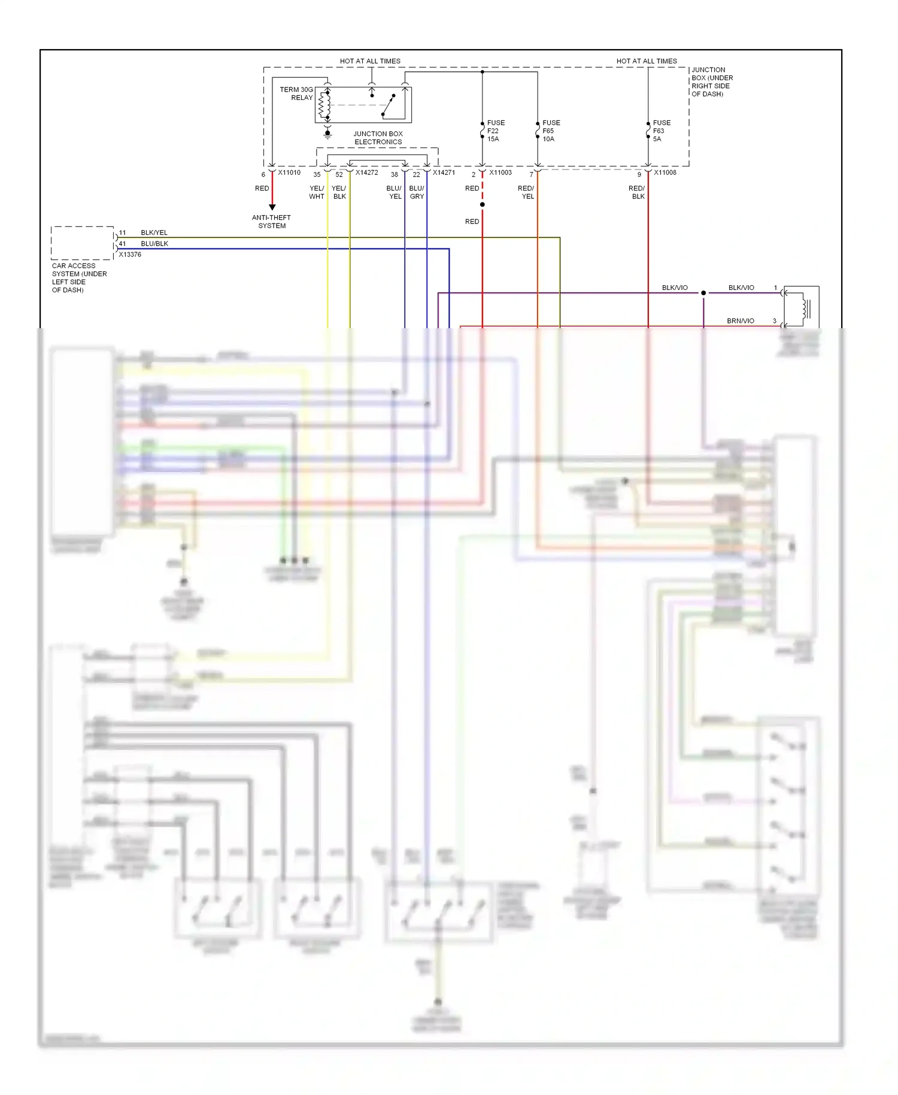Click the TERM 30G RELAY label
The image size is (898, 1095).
click(x=296, y=93)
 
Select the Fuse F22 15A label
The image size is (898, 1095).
click(x=495, y=131)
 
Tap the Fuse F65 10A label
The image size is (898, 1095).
click(x=551, y=131)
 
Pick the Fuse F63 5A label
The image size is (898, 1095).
click(x=661, y=131)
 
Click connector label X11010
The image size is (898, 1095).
click(x=289, y=173)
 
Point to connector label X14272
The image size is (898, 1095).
click(x=366, y=173)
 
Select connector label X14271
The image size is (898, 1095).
click(x=444, y=173)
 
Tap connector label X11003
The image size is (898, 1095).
click(x=500, y=173)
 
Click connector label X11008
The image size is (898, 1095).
click(x=665, y=173)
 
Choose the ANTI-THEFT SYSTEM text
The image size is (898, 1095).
click(x=272, y=222)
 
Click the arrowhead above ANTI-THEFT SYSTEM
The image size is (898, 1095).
click(x=272, y=207)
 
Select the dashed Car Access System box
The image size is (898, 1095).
click(x=82, y=243)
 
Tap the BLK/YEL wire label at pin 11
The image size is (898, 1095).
click(x=154, y=232)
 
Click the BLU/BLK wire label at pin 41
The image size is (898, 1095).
click(x=154, y=244)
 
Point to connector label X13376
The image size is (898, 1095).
click(x=130, y=255)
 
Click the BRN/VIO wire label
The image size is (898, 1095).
click(x=740, y=321)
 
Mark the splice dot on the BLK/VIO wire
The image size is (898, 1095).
click(x=703, y=293)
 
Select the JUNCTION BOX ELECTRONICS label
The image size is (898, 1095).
click(x=378, y=138)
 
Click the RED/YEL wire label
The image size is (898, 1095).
click(x=526, y=192)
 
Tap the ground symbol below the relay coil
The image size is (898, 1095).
click(x=327, y=135)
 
